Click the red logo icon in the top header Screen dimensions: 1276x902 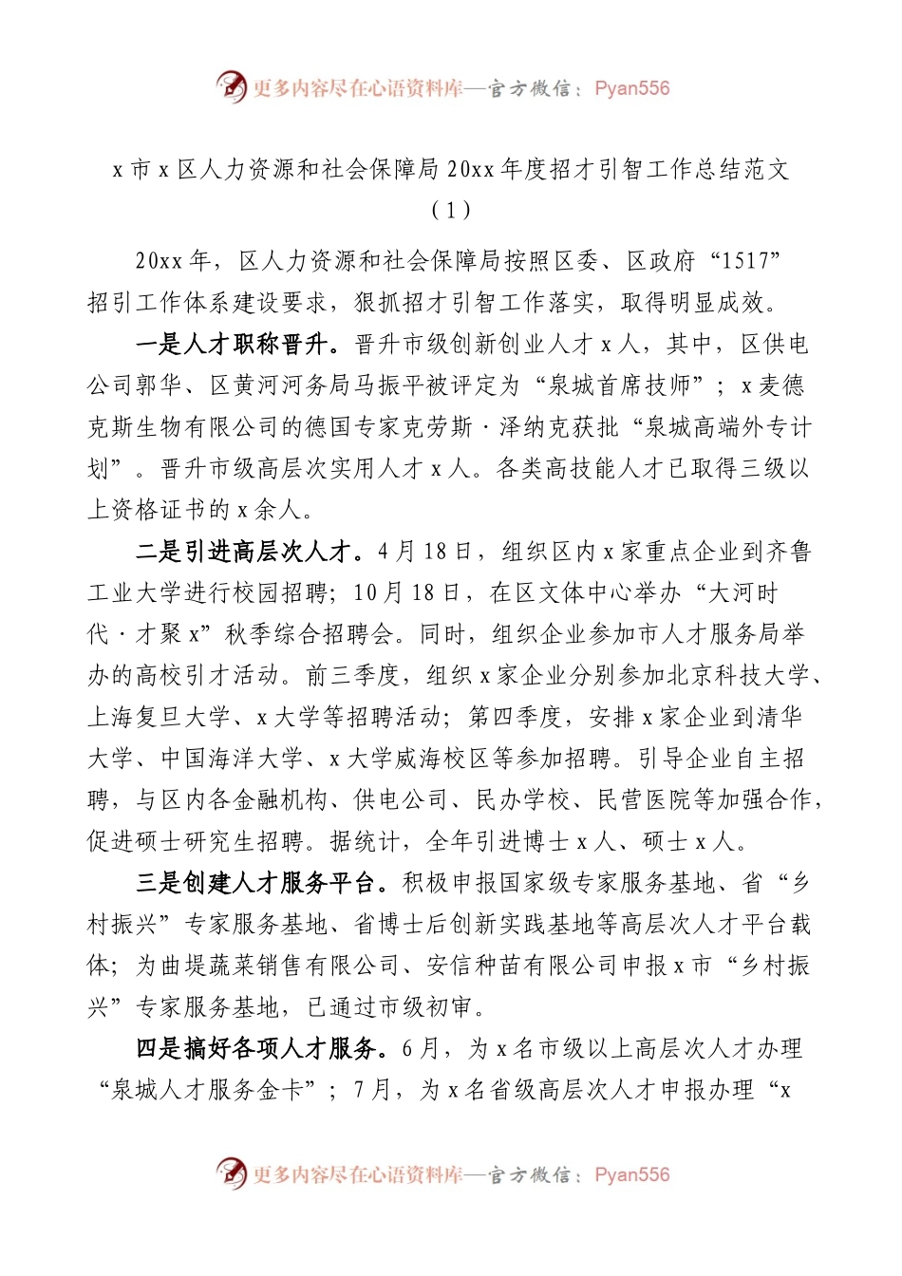click(x=231, y=86)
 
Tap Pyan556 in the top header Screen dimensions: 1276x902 click(x=631, y=88)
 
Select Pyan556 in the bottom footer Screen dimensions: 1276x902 click(x=631, y=1174)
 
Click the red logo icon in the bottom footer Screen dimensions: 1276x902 click(x=231, y=1173)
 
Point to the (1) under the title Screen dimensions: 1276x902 click(x=450, y=210)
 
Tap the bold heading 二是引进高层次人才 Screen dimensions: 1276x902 click(x=248, y=552)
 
